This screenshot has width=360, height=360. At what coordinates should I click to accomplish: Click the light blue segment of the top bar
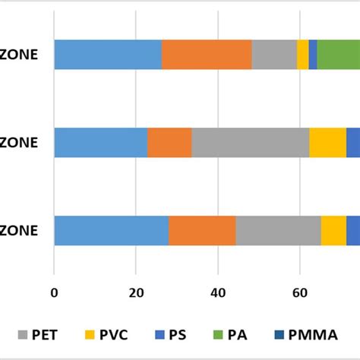(107, 55)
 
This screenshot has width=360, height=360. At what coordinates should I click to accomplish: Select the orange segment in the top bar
(207, 55)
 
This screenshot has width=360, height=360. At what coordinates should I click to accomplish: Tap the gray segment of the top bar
(273, 55)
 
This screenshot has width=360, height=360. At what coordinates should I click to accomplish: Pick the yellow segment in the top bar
(302, 55)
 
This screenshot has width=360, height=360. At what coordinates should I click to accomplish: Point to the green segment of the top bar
(338, 55)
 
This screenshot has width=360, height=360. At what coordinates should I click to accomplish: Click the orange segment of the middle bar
(169, 142)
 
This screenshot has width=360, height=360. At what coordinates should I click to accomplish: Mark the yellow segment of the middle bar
(327, 142)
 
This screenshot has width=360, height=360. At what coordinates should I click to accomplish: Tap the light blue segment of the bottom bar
(111, 230)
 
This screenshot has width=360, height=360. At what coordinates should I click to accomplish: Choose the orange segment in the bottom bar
(202, 230)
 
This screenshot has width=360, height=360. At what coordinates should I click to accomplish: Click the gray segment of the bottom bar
(278, 230)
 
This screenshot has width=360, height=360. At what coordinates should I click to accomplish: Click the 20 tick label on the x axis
(135, 291)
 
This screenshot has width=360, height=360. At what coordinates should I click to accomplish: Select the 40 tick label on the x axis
(217, 291)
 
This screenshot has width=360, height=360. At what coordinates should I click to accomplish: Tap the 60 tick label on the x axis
(299, 291)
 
